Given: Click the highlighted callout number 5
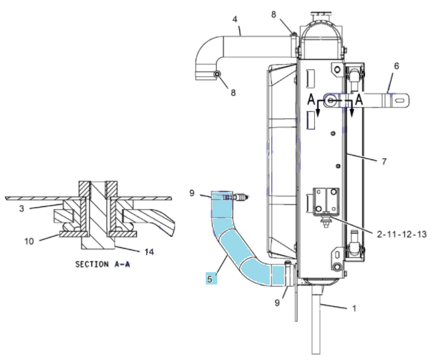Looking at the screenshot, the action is [210, 278].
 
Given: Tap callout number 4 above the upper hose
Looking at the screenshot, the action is [234, 19].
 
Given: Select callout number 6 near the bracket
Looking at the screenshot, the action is [396, 66].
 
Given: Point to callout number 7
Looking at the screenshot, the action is [384, 161].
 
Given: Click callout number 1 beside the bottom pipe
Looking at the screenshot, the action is [354, 308].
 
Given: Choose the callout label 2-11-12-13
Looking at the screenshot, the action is [402, 234].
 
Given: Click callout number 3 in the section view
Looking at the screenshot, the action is [22, 208].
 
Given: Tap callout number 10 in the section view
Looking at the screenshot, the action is [29, 241].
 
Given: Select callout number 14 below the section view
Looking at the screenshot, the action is [149, 252].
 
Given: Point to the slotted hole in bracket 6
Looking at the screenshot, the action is [401, 99].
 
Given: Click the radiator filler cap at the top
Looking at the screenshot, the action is [321, 14].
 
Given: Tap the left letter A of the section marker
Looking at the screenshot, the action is [311, 99].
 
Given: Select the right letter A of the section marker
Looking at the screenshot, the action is [359, 99].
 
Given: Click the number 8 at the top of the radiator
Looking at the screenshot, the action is [273, 14].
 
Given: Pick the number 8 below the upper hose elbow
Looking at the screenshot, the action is [233, 93].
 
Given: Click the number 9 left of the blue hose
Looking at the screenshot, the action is [191, 193].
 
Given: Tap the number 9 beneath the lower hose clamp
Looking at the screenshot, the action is [277, 303].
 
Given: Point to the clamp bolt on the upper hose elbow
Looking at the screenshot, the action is [217, 74].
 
